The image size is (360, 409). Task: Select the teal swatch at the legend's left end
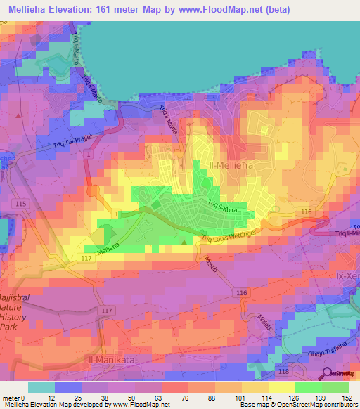click(x=40, y=387)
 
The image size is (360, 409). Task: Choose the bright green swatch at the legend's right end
click(x=336, y=387)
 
